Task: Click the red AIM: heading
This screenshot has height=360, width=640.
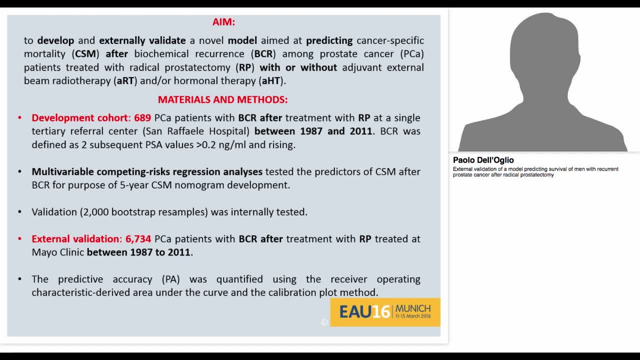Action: pos(223,22)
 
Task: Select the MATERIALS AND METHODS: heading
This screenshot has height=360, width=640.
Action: pos(222,99)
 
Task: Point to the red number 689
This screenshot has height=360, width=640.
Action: pos(142,118)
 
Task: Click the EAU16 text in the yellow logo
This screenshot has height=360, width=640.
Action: pos(364,312)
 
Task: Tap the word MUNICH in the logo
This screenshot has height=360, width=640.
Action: pos(412,308)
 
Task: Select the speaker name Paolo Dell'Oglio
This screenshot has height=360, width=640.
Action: pos(483,160)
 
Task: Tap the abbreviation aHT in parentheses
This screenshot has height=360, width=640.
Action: pos(271,81)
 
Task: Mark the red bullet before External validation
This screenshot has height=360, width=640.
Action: pos(20,239)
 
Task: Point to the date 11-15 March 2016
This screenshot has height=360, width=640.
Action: pos(412,316)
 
